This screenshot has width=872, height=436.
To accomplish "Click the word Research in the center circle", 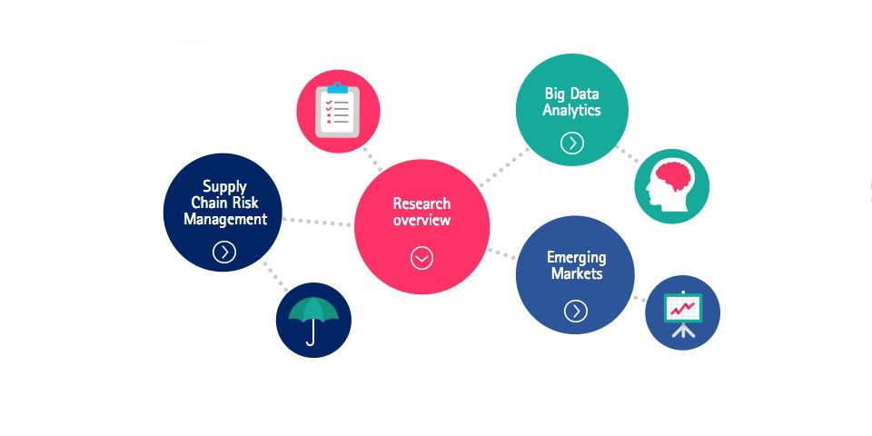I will click(421, 203).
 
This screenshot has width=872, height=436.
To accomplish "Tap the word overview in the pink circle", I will click(421, 221).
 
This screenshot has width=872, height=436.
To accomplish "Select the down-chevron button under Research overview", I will click(421, 258).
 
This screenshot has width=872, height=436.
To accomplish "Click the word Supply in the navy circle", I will click(224, 186).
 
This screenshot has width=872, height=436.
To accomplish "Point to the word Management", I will click(224, 219).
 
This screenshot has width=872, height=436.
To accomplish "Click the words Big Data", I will click(572, 94).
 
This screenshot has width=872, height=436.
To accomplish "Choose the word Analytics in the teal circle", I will click(572, 111).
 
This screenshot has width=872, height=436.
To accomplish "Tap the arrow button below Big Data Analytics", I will click(571, 143).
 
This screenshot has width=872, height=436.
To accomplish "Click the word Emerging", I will click(576, 257).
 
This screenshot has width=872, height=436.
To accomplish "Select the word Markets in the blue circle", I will click(576, 273).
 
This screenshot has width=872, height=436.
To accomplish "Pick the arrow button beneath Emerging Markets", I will click(575, 312).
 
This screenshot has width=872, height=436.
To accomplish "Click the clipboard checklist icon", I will click(338, 112).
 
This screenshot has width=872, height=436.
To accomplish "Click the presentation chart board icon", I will click(682, 312).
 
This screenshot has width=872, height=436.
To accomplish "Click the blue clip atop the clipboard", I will click(338, 88).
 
